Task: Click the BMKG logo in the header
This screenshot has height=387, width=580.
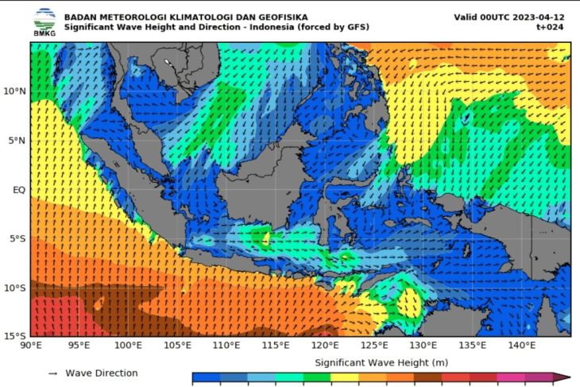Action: click(44, 21)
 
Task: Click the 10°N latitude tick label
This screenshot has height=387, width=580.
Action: click(14, 92)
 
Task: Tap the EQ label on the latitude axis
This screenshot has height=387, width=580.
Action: click(18, 190)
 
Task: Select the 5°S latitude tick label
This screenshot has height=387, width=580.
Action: click(17, 238)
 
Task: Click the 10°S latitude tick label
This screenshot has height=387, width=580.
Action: click(14, 288)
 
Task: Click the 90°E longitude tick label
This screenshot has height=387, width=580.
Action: click(31, 346)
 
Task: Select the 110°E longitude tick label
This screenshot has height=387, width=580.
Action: click(226, 346)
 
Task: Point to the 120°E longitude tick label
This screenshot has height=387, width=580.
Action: click(325, 346)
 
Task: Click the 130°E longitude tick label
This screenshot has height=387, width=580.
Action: click(423, 346)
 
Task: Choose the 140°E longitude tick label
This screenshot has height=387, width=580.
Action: click(521, 346)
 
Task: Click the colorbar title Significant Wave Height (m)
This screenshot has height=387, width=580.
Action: click(381, 362)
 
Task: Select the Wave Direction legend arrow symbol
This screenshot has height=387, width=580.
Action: click(52, 373)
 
